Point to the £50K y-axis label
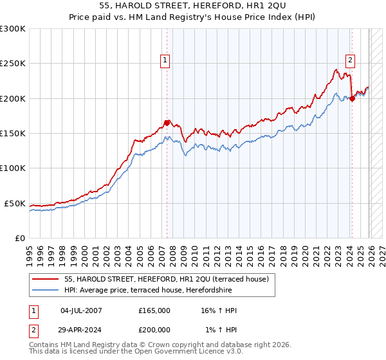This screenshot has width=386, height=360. coord(15,203)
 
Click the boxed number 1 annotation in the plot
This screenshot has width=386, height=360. coord(165,61)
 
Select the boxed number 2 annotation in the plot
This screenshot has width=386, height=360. coord(351,61)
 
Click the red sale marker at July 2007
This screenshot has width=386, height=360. coord(167,123)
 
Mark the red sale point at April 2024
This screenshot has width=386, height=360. coord(352,98)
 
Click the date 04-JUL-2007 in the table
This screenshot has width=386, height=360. coord(81,310)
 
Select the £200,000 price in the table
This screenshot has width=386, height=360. coord(154,330)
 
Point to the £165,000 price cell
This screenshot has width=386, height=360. coord(154,310)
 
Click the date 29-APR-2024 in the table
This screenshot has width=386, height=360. coord(81,330)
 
